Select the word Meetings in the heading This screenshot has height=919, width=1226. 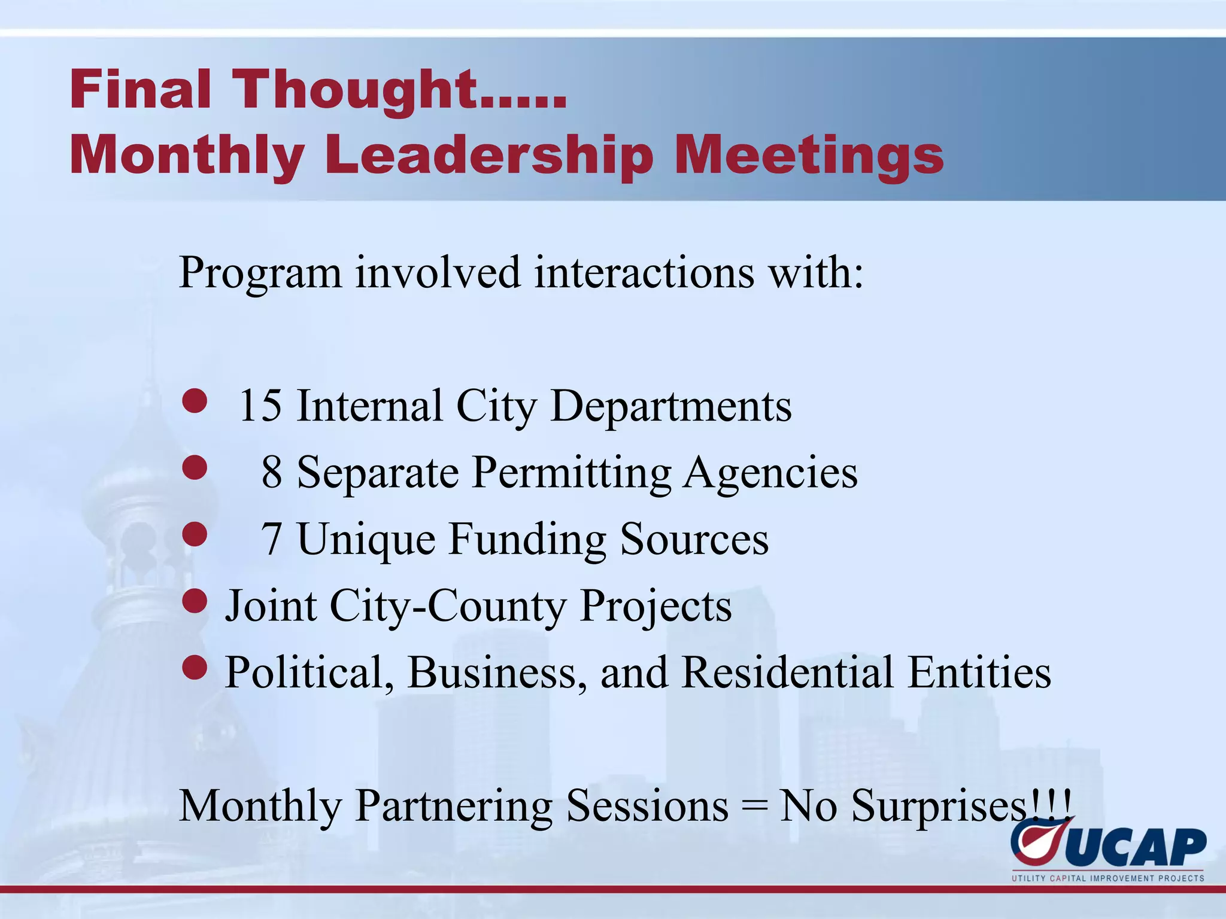pos(809,156)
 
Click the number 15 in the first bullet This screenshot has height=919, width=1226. pos(260,406)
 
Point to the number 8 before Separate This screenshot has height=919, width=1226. pos(272,473)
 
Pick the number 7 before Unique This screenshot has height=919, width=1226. pos(272,539)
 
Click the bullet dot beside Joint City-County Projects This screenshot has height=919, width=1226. pos(195,601)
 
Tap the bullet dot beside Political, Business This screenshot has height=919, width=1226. pos(195,667)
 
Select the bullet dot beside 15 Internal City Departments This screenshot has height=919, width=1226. pos(195,401)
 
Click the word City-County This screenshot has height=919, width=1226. pos(447,606)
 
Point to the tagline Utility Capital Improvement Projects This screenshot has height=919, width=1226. pos(1107,878)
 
